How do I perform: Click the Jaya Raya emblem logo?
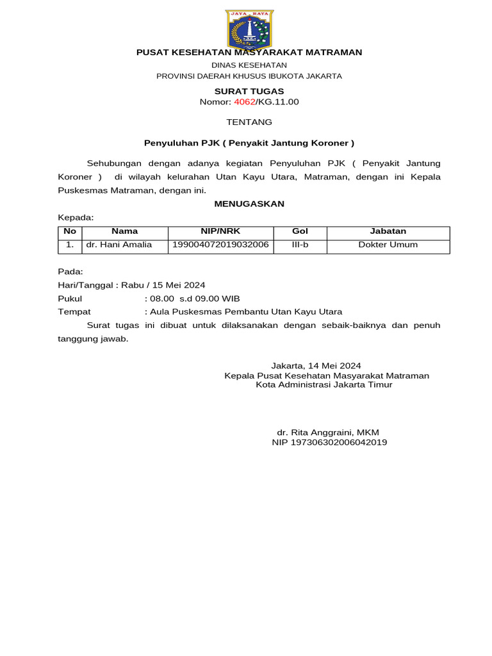pos(250,29)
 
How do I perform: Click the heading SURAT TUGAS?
pos(249,91)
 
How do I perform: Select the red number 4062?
pos(244,102)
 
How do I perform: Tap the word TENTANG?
pos(249,122)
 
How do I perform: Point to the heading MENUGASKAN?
pos(249,204)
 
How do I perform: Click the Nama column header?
pos(125,231)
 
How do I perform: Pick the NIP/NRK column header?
pos(220,231)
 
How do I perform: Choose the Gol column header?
pos(300,231)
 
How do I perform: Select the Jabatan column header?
pos(388,231)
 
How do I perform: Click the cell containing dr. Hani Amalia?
pos(119,245)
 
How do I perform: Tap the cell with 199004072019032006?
pos(220,245)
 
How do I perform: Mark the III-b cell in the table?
pos(300,245)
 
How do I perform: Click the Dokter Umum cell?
pos(388,245)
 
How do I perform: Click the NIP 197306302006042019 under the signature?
pos(329,442)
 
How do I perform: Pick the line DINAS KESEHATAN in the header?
pos(249,65)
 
